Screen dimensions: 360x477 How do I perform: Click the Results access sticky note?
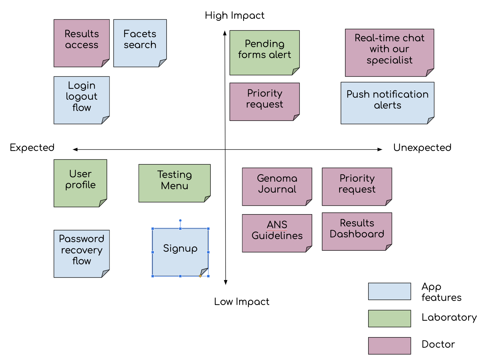click(82, 43)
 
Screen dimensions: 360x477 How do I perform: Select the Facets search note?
click(140, 43)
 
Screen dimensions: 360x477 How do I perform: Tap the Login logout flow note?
click(82, 100)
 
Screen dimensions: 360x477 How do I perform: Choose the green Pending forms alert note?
click(264, 53)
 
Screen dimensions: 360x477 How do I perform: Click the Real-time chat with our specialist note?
click(389, 53)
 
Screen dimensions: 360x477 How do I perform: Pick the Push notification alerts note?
click(387, 103)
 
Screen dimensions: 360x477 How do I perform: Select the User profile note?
click(80, 183)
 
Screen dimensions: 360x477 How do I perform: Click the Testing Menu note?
click(174, 183)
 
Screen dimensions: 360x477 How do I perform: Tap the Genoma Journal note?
click(277, 186)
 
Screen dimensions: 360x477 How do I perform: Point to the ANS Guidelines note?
click(277, 233)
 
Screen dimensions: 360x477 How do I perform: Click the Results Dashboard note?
click(357, 231)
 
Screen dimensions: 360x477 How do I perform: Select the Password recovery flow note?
click(82, 253)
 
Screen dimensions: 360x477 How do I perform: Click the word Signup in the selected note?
click(180, 248)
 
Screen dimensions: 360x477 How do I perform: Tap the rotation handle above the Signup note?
click(180, 221)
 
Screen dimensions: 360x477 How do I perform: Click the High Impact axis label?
click(234, 16)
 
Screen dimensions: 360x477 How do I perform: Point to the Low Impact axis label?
click(242, 302)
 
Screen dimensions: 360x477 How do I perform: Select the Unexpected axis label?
click(422, 148)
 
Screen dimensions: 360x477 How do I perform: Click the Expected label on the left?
click(32, 148)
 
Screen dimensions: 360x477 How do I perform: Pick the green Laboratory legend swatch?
click(389, 318)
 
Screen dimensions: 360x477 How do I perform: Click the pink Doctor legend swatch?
click(389, 346)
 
